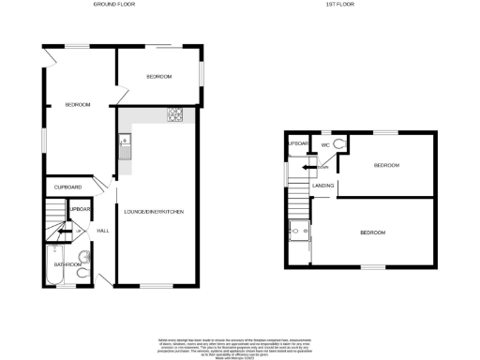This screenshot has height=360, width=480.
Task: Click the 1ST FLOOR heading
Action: [x=337, y=6]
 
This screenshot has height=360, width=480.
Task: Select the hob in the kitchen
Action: [x=174, y=115]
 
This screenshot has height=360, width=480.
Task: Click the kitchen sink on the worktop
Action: [x=125, y=144]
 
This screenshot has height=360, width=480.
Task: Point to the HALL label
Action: [x=103, y=230]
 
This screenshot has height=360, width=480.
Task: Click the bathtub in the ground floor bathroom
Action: [x=53, y=265]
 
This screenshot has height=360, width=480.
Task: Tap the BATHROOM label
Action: [x=66, y=265]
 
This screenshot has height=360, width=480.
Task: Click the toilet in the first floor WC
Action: [x=339, y=143]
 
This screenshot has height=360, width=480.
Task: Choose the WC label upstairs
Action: [x=325, y=144]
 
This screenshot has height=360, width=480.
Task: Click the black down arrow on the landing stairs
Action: [x=307, y=167]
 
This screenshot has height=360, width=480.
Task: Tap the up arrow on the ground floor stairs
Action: [x=62, y=229]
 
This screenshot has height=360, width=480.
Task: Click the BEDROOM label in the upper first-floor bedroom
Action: [x=386, y=165]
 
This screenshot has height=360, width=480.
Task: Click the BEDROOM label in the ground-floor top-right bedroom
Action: [x=158, y=76]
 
